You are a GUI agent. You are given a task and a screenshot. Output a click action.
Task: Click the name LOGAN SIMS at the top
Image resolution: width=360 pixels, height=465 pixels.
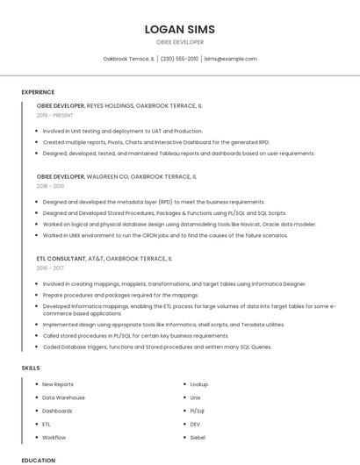coord(180,29)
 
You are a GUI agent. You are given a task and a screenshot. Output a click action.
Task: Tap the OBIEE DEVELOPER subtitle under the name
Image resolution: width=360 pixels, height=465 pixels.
coord(180,42)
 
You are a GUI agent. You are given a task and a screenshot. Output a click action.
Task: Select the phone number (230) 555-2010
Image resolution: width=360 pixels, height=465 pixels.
coord(179,59)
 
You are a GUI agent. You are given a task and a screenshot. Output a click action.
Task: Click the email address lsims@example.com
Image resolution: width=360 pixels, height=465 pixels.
coord(230,59)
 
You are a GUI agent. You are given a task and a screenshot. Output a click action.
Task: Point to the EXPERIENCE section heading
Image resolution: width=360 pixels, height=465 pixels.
coord(38,92)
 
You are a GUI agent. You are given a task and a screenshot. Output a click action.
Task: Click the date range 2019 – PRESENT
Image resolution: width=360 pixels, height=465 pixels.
coord(55,115)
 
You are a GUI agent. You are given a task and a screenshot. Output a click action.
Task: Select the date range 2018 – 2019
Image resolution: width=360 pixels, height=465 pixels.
coord(51,186)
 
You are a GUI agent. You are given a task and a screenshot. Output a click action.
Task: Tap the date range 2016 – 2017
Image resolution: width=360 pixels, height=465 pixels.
coord(51,268)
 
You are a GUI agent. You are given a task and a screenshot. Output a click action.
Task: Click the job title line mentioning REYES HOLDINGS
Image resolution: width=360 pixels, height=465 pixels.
coord(119,105)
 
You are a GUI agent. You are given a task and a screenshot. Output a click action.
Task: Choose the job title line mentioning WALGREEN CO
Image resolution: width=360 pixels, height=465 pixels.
coord(116,176)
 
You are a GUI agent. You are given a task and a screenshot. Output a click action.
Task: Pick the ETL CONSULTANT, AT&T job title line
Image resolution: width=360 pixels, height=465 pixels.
coord(104,259)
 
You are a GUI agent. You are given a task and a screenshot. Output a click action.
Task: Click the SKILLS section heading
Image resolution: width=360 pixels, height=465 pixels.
coord(32,368)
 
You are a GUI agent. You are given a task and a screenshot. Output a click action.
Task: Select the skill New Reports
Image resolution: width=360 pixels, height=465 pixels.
coord(58,384)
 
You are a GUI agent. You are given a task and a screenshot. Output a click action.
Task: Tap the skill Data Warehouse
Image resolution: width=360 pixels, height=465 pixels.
coord(62,397)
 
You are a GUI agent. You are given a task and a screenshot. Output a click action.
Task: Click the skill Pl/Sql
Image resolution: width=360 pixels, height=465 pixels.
coord(198,411)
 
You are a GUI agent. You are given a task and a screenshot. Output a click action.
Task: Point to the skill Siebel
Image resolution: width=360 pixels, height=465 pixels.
coord(198,437)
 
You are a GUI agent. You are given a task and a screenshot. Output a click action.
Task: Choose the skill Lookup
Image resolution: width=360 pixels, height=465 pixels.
coord(199,384)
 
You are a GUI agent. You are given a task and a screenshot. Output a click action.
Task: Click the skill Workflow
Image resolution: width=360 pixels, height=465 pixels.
coord(54,437)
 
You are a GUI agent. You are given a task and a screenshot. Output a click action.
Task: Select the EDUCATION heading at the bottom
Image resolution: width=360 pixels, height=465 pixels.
coord(38,460)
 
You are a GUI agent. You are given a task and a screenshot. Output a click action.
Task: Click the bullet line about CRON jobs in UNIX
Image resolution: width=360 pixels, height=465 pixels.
coord(165,235)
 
